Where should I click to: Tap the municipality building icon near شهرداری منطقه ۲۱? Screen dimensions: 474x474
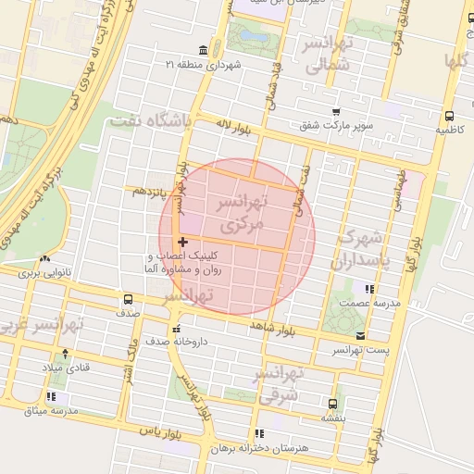click(x=203, y=50)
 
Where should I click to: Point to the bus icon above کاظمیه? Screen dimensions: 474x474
click(x=449, y=117)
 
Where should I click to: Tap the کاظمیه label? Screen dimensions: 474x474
click(x=449, y=131)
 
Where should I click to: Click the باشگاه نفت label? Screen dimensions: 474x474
click(x=150, y=121)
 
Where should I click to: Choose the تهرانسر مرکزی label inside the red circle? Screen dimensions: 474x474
click(x=240, y=213)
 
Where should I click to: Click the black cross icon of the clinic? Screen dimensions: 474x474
click(x=181, y=242)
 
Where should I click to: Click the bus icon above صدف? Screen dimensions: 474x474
click(x=128, y=299)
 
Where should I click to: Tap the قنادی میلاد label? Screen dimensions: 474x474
click(x=64, y=368)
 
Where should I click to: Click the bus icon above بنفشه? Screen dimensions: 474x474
click(x=332, y=404)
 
